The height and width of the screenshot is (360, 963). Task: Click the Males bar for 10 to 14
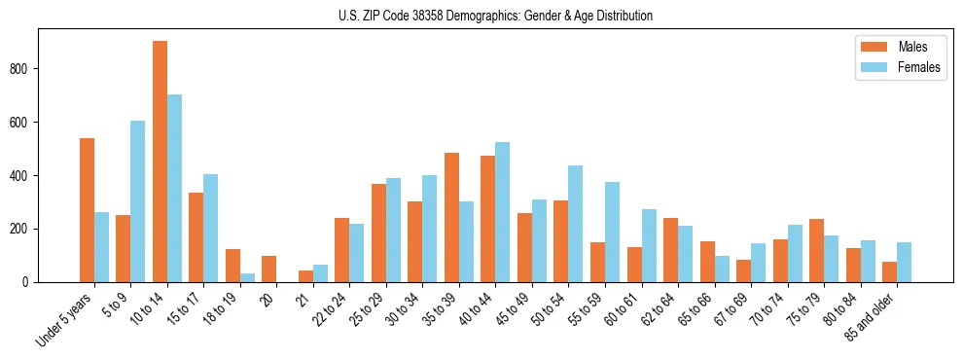tap(160, 162)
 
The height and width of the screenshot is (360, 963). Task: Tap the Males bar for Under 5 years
tap(87, 210)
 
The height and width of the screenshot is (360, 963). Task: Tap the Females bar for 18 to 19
tap(247, 278)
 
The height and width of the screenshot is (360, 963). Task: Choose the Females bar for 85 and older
tap(904, 263)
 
